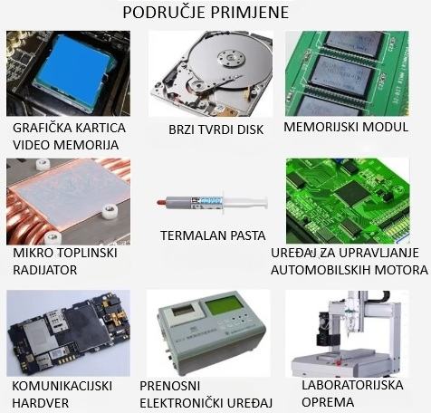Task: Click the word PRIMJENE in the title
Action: (249, 13)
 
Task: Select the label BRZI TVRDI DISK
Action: (215, 130)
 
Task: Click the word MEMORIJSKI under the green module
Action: (321, 127)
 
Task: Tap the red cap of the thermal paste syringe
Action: (161, 201)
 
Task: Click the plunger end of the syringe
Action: (265, 202)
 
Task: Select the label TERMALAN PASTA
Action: (213, 235)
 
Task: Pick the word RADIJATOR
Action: (45, 270)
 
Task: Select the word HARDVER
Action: (41, 403)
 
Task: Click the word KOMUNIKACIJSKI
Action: (62, 386)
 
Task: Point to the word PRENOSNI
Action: (170, 386)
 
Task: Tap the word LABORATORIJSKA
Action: (352, 385)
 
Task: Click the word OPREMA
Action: (328, 402)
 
